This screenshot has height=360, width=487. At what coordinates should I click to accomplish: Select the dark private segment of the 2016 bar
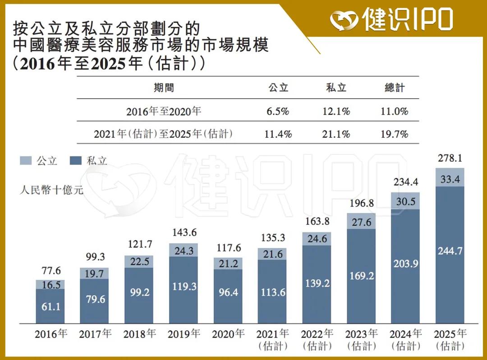pyautogui.click(x=50, y=306)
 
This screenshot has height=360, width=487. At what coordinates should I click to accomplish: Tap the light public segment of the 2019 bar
pyautogui.click(x=183, y=250)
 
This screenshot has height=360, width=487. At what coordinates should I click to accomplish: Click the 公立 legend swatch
pyautogui.click(x=26, y=160)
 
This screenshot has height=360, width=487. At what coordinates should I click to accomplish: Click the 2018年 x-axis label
pyautogui.click(x=139, y=334)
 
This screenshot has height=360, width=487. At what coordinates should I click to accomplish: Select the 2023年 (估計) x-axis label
pyautogui.click(x=361, y=340)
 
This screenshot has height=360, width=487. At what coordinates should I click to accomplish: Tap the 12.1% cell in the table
pyautogui.click(x=336, y=111)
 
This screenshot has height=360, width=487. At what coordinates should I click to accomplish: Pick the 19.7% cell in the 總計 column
pyautogui.click(x=395, y=134)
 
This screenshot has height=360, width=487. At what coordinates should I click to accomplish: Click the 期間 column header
pyautogui.click(x=163, y=87)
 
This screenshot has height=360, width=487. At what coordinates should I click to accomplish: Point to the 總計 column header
pyautogui.click(x=395, y=87)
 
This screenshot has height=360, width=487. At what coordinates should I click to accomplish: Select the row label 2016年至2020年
pyautogui.click(x=163, y=111)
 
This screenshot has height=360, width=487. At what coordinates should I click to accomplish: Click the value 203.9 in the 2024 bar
pyautogui.click(x=405, y=264)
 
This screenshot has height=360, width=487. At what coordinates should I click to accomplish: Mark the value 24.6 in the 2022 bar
pyautogui.click(x=316, y=239)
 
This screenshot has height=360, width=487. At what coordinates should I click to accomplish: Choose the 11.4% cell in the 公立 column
pyautogui.click(x=279, y=134)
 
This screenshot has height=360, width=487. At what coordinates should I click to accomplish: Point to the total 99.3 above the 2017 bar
pyautogui.click(x=94, y=257)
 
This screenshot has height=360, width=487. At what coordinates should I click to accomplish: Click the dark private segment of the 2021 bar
pyautogui.click(x=272, y=292)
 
